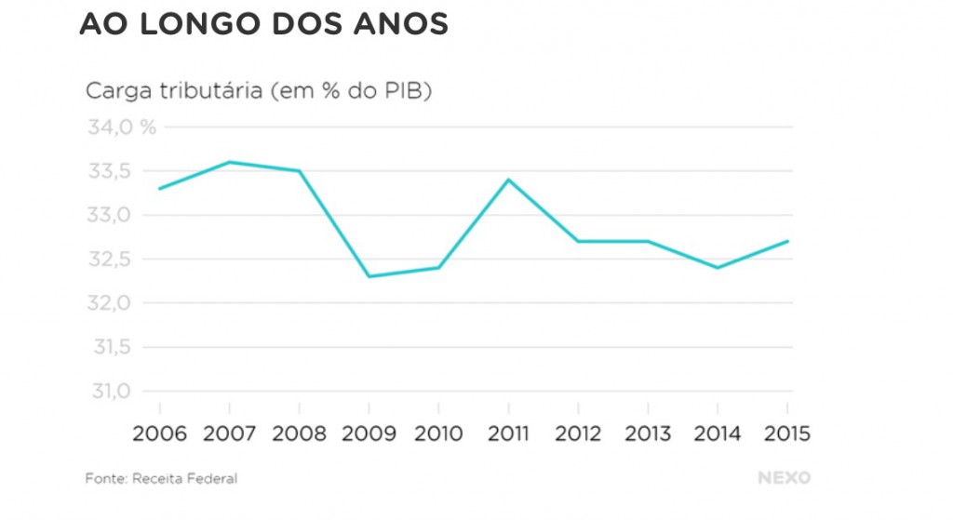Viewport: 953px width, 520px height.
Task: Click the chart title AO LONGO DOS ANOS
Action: tap(263, 24)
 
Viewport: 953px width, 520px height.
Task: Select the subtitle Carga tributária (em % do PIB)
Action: tap(259, 91)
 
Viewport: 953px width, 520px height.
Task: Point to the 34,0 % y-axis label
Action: tap(122, 127)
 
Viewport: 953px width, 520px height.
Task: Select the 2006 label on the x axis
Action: tap(159, 433)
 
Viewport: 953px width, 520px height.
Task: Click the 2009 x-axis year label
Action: tap(369, 433)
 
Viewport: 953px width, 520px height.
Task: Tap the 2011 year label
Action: tap(508, 433)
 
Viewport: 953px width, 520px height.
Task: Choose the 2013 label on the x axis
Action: tap(648, 433)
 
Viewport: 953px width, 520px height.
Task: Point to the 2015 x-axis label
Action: tap(786, 433)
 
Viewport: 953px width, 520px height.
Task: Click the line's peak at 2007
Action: tap(229, 162)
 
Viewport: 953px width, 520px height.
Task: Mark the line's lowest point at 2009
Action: tap(369, 276)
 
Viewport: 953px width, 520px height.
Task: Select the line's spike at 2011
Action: tap(508, 180)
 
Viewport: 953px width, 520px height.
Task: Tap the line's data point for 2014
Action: tap(718, 268)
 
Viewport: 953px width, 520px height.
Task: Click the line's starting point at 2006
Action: tap(159, 189)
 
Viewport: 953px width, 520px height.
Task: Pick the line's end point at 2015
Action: tap(788, 241)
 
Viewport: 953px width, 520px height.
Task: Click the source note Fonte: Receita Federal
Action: tap(161, 478)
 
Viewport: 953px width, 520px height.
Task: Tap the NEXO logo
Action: tap(784, 478)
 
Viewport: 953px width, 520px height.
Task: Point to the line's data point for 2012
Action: tap(578, 241)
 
